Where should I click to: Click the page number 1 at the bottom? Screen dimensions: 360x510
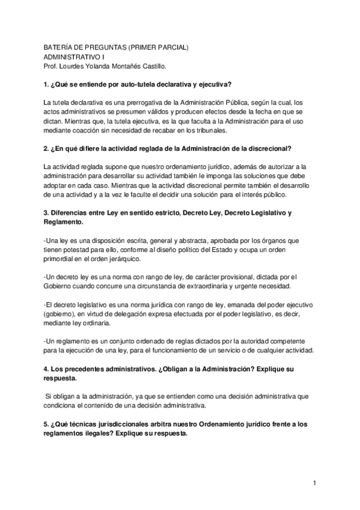(314, 482)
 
